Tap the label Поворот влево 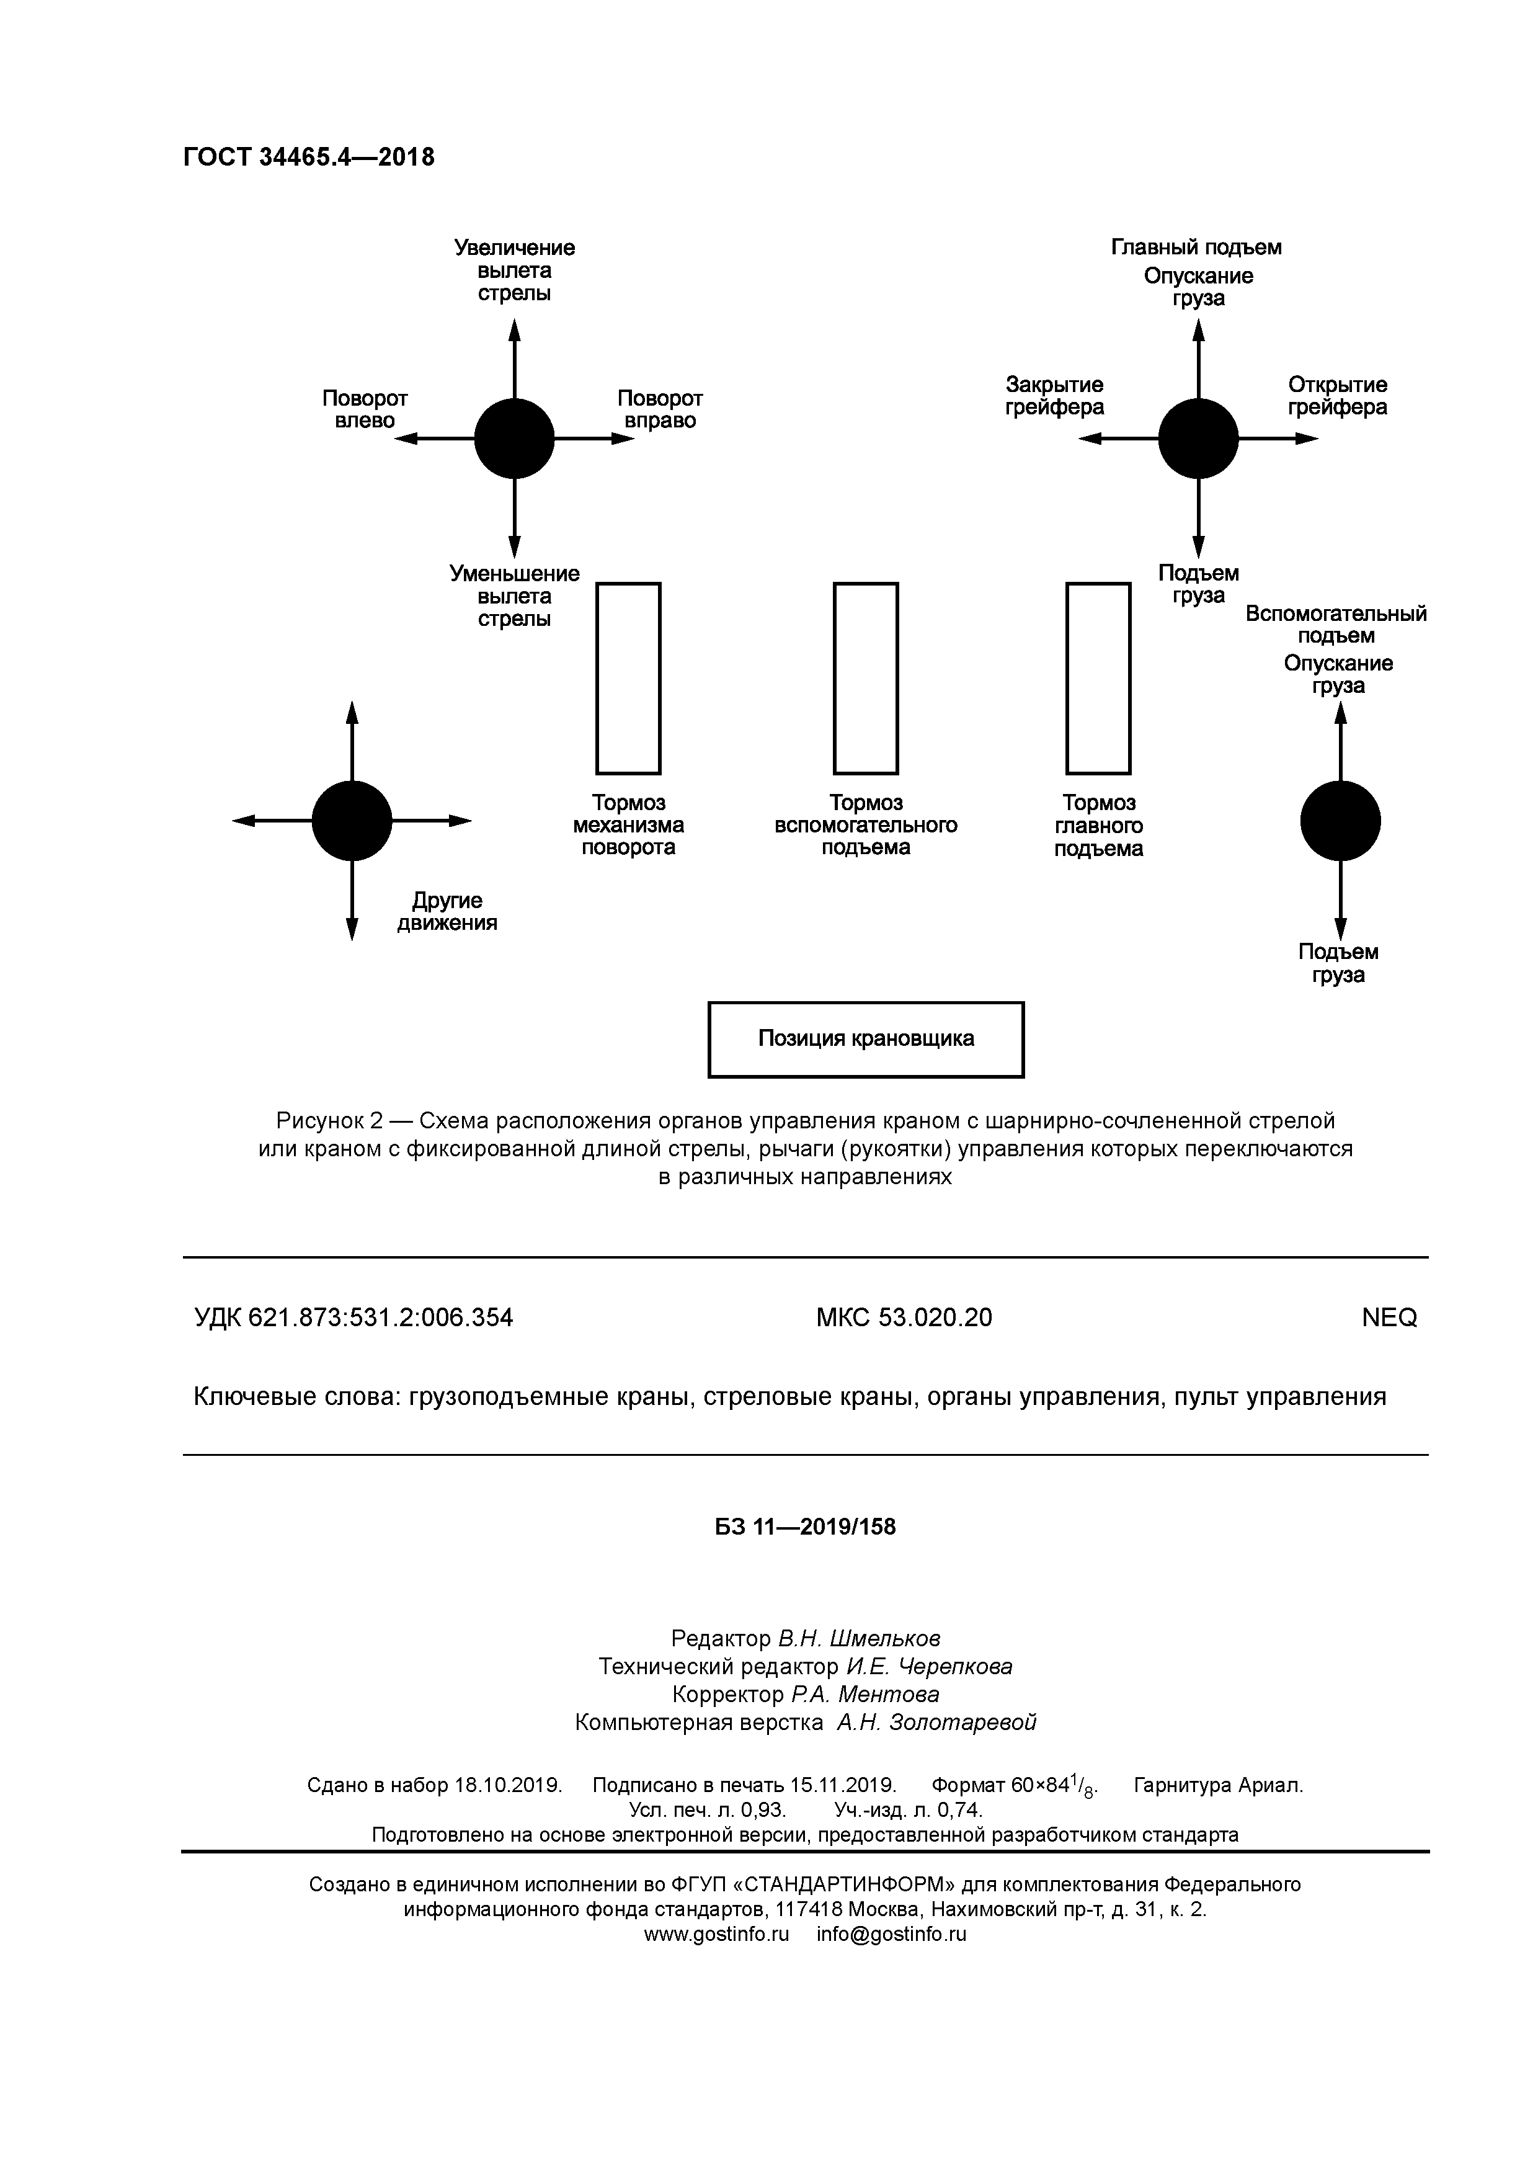pos(365,409)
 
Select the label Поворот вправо pos(660,409)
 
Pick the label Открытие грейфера pos(1337,396)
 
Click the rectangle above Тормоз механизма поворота pos(628,679)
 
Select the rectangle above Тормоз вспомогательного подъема pos(865,679)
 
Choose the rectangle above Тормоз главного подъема pos(1098,679)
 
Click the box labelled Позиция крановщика pos(866,1040)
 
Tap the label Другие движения pos(447,912)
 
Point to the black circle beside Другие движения pos(352,821)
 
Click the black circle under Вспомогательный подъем pos(1340,821)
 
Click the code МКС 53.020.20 pos(904,1318)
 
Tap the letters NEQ pos(1389,1318)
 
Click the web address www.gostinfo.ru pos(716,1934)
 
